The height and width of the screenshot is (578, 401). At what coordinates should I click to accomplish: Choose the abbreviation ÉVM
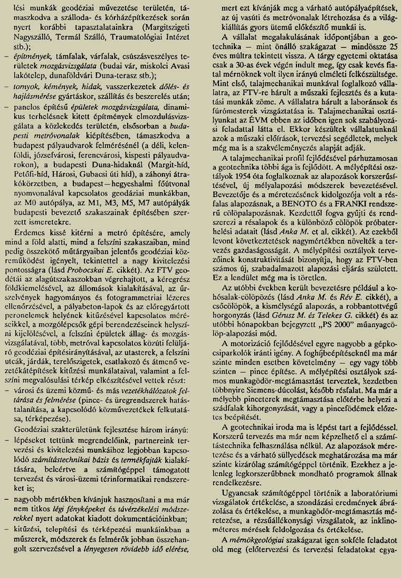pos(260,119)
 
